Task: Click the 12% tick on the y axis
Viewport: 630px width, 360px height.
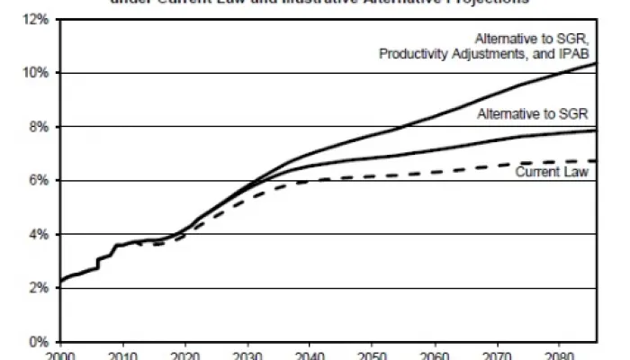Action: pyautogui.click(x=37, y=19)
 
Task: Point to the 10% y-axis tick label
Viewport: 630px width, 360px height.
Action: pyautogui.click(x=37, y=73)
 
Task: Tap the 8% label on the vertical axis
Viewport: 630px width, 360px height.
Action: pyautogui.click(x=40, y=127)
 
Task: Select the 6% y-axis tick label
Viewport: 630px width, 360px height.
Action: pyautogui.click(x=40, y=181)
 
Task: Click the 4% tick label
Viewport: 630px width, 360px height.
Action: pyautogui.click(x=40, y=235)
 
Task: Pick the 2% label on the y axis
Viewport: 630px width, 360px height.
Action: pyautogui.click(x=40, y=289)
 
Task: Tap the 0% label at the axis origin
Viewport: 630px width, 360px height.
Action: pyautogui.click(x=40, y=342)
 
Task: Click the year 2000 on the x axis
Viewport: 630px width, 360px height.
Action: pyautogui.click(x=60, y=355)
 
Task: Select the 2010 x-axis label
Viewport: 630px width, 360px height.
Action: pyautogui.click(x=122, y=355)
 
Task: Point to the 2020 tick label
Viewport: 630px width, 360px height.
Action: pyautogui.click(x=184, y=355)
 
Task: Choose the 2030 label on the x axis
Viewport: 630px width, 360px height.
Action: pyautogui.click(x=247, y=355)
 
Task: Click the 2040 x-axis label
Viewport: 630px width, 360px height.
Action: pyautogui.click(x=310, y=355)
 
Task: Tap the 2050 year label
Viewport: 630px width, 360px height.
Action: pyautogui.click(x=373, y=355)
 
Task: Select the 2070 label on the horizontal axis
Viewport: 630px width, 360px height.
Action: pyautogui.click(x=498, y=355)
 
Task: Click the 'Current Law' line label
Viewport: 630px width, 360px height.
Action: pyautogui.click(x=551, y=171)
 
